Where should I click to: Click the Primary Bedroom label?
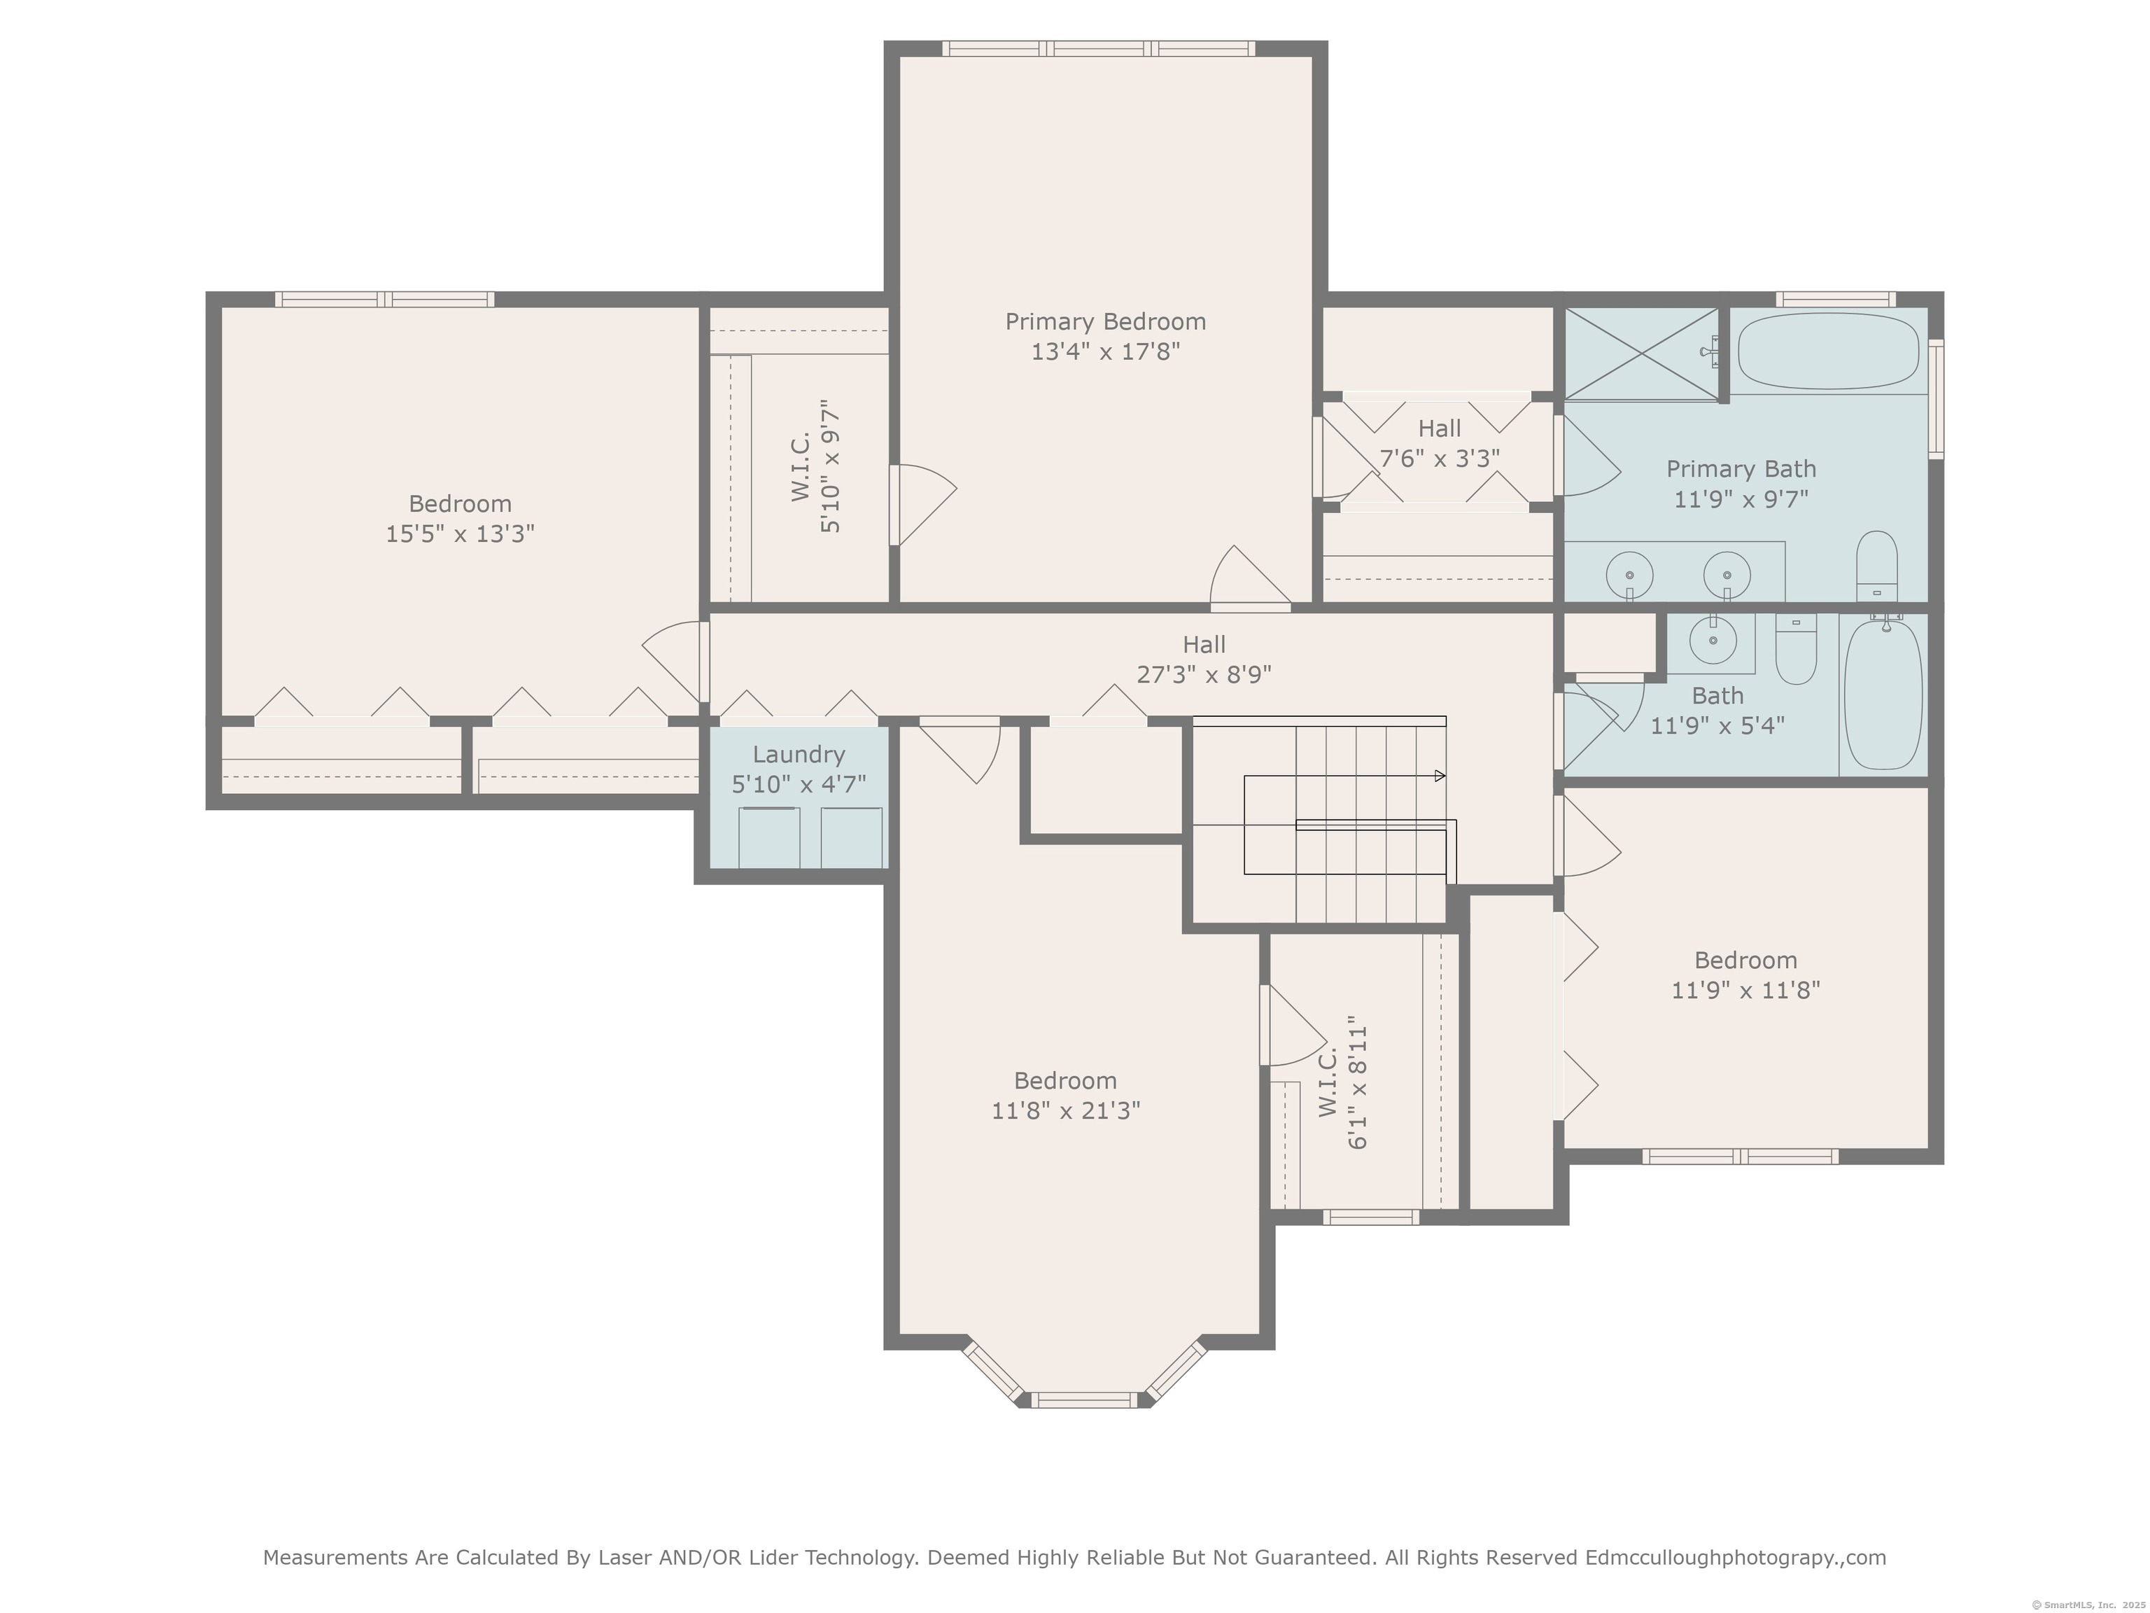click(x=1105, y=322)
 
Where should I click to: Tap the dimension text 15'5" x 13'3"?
click(x=460, y=533)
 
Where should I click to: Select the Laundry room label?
click(x=799, y=755)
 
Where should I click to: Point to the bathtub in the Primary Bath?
click(x=1828, y=351)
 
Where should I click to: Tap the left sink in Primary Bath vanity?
click(x=1629, y=573)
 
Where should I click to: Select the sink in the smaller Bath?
click(x=1713, y=638)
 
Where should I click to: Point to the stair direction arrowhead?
click(x=1440, y=776)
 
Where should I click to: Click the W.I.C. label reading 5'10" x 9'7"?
click(x=815, y=466)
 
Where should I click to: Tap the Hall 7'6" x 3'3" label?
click(x=1440, y=443)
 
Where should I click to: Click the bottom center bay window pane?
click(x=1083, y=1400)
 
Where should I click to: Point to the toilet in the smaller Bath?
click(x=1795, y=648)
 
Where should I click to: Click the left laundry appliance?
click(x=769, y=837)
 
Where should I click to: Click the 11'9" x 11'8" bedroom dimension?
click(x=1745, y=990)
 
